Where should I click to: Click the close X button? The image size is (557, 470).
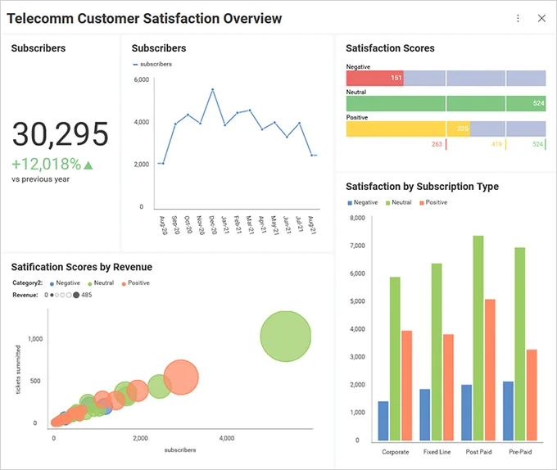(541, 19)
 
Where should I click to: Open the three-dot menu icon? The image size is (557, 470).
(518, 19)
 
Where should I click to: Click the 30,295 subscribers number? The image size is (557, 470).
(60, 134)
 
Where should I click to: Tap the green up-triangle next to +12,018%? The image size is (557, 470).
(88, 165)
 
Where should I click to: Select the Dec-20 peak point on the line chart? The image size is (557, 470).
(212, 89)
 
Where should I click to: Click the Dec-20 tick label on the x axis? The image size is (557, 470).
(213, 224)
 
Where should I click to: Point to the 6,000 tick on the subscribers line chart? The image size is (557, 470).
(142, 79)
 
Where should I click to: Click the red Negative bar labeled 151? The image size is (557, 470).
(375, 78)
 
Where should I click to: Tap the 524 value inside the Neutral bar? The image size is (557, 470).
(538, 103)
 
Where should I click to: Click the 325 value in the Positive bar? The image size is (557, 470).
(462, 129)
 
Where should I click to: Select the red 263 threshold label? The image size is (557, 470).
(437, 144)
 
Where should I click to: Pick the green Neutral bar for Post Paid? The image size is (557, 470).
(478, 338)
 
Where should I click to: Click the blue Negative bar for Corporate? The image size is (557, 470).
(383, 421)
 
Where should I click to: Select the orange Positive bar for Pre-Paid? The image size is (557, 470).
(532, 395)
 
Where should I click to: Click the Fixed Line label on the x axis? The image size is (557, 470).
(437, 452)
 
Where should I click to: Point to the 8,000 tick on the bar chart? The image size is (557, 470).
(357, 218)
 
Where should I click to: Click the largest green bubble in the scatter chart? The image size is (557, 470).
(286, 337)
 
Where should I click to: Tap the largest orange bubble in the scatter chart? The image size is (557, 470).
(181, 377)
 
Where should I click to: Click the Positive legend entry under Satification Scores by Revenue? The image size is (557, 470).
(136, 283)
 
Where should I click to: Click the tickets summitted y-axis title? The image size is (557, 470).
(18, 369)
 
